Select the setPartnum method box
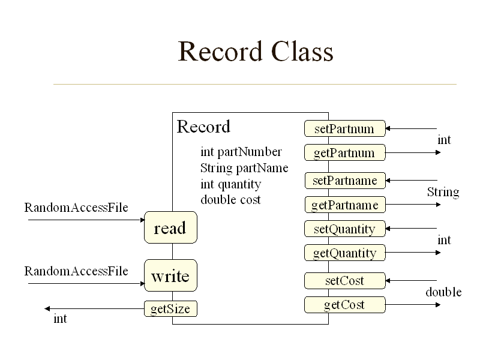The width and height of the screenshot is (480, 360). tap(344, 128)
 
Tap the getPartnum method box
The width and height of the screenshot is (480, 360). tap(344, 153)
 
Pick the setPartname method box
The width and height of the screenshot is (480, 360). tap(344, 181)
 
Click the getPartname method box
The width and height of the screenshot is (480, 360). tap(344, 205)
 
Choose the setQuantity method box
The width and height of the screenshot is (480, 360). tap(344, 229)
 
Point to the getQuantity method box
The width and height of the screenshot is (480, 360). tap(344, 253)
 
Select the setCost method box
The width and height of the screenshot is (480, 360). tap(344, 280)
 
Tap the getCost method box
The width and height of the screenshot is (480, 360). tap(344, 305)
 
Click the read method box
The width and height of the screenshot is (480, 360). tap(170, 228)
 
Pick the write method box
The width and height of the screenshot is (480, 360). tap(170, 276)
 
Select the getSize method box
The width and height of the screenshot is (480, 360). tap(170, 309)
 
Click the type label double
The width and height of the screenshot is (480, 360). tap(443, 292)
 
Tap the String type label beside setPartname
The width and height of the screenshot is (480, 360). tap(443, 192)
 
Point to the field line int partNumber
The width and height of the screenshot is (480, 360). tap(241, 152)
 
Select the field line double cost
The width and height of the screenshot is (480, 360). tap(230, 200)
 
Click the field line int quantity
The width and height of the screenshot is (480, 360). tap(230, 184)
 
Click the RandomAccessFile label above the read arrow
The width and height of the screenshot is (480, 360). tap(76, 208)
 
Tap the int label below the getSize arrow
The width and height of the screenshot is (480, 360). tap(60, 319)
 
